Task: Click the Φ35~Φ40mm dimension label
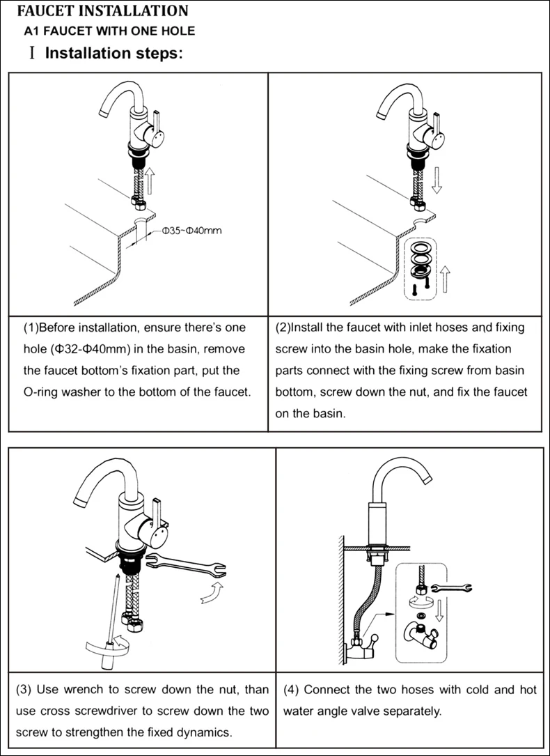pos(191,231)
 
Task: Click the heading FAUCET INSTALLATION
pos(102,11)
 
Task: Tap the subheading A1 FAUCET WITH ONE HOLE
pos(109,31)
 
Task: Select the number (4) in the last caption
pos(291,690)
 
